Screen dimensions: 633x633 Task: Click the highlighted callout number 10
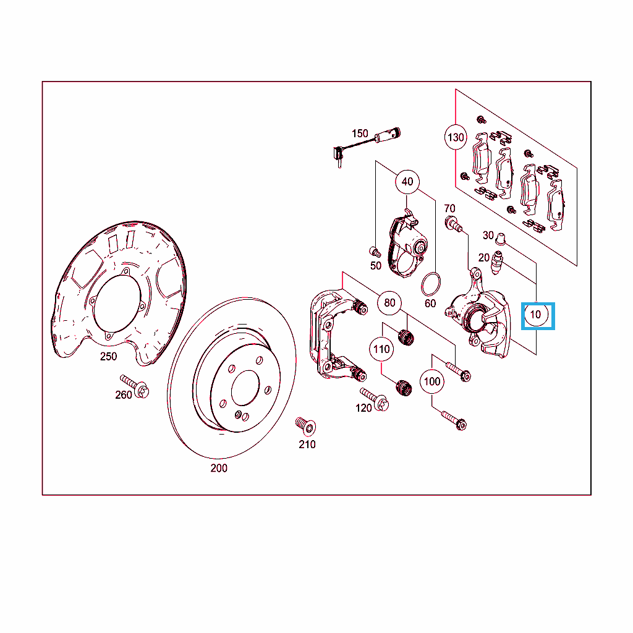tap(536, 315)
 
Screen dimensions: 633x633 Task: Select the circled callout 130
tap(456, 137)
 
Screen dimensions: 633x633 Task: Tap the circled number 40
tap(407, 182)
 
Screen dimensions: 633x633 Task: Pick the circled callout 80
tap(389, 302)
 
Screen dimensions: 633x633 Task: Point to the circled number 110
tap(381, 349)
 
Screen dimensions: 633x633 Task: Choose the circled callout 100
tap(432, 381)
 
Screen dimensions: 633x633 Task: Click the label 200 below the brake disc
tap(219, 468)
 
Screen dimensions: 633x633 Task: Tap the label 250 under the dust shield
tap(108, 357)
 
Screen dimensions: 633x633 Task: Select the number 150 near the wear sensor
tap(360, 134)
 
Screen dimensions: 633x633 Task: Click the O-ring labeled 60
tap(430, 284)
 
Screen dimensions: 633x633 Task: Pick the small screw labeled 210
tap(305, 427)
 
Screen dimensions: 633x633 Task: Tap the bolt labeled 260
tap(135, 386)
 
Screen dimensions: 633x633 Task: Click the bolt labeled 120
tap(374, 399)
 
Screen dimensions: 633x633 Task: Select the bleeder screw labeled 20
tap(496, 262)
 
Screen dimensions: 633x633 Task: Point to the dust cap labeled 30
tap(501, 239)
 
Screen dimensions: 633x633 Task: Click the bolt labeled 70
tap(454, 224)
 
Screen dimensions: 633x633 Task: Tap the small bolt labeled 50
tap(375, 252)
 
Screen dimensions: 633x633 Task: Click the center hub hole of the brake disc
tap(245, 388)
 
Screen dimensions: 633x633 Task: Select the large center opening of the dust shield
tap(117, 304)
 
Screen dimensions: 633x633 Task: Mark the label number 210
tap(307, 444)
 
